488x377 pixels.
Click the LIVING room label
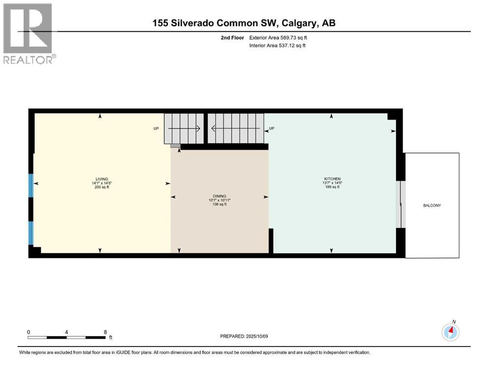click(x=102, y=179)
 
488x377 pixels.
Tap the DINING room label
click(x=219, y=196)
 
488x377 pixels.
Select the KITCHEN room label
click(x=332, y=179)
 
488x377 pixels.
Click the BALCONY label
click(x=432, y=205)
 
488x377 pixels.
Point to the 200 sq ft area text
click(x=102, y=188)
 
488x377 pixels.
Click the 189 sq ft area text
click(x=332, y=188)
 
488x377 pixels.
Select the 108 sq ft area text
click(x=219, y=204)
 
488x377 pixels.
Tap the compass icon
click(x=450, y=332)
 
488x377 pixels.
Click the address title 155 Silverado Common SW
click(x=244, y=23)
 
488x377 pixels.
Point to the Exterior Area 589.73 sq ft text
click(x=279, y=37)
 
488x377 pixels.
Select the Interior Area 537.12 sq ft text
click(x=278, y=46)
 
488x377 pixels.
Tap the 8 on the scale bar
click(x=105, y=332)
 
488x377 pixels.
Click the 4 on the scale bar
click(x=66, y=332)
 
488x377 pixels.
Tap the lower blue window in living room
click(x=31, y=233)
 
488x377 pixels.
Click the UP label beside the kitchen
click(x=271, y=129)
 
